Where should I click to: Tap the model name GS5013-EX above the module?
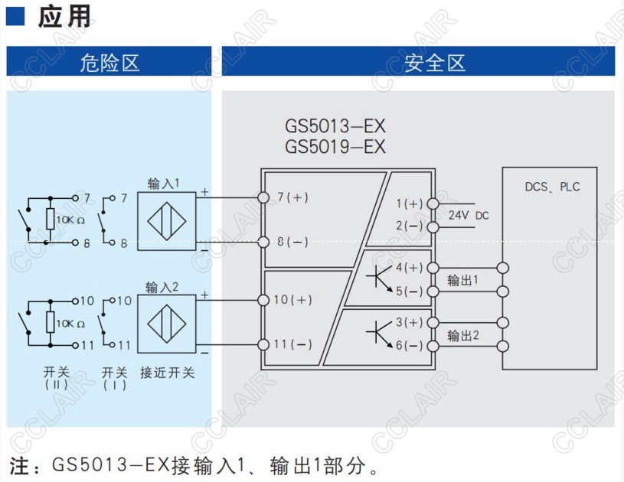coord(335,125)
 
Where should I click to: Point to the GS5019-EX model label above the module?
coord(335,146)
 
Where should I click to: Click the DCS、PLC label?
coord(552,187)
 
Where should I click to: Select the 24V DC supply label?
coord(468,216)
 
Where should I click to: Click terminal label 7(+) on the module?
coord(292,197)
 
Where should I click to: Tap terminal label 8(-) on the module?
coord(292,242)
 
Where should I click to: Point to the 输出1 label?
coord(463,280)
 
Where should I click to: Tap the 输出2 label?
coord(463,335)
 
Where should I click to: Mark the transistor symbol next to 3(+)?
coord(379,332)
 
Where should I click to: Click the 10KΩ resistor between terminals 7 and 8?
coord(50,220)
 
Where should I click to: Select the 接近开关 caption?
coord(167,373)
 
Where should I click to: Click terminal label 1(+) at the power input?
coord(410,204)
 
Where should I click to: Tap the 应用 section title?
coord(64,17)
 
